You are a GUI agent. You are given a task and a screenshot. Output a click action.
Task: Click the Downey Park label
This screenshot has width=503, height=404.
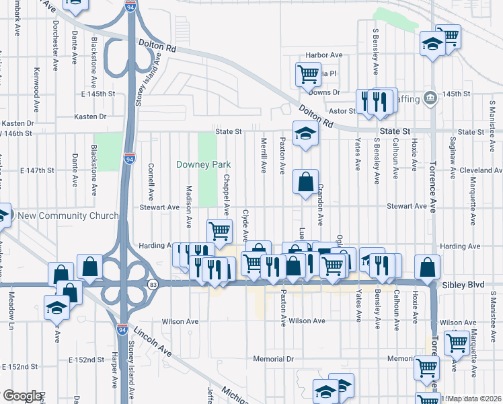(x=203, y=164)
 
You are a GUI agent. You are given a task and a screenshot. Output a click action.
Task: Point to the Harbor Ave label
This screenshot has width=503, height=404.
(x=324, y=55)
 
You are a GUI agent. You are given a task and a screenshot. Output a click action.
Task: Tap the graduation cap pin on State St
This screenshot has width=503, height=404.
(x=305, y=133)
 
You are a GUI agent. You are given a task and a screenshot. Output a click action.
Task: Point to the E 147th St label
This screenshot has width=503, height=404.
(x=37, y=170)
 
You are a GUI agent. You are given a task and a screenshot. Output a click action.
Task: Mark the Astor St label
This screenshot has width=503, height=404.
(x=341, y=111)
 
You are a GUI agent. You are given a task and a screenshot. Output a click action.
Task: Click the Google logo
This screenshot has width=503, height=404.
(x=22, y=396)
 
